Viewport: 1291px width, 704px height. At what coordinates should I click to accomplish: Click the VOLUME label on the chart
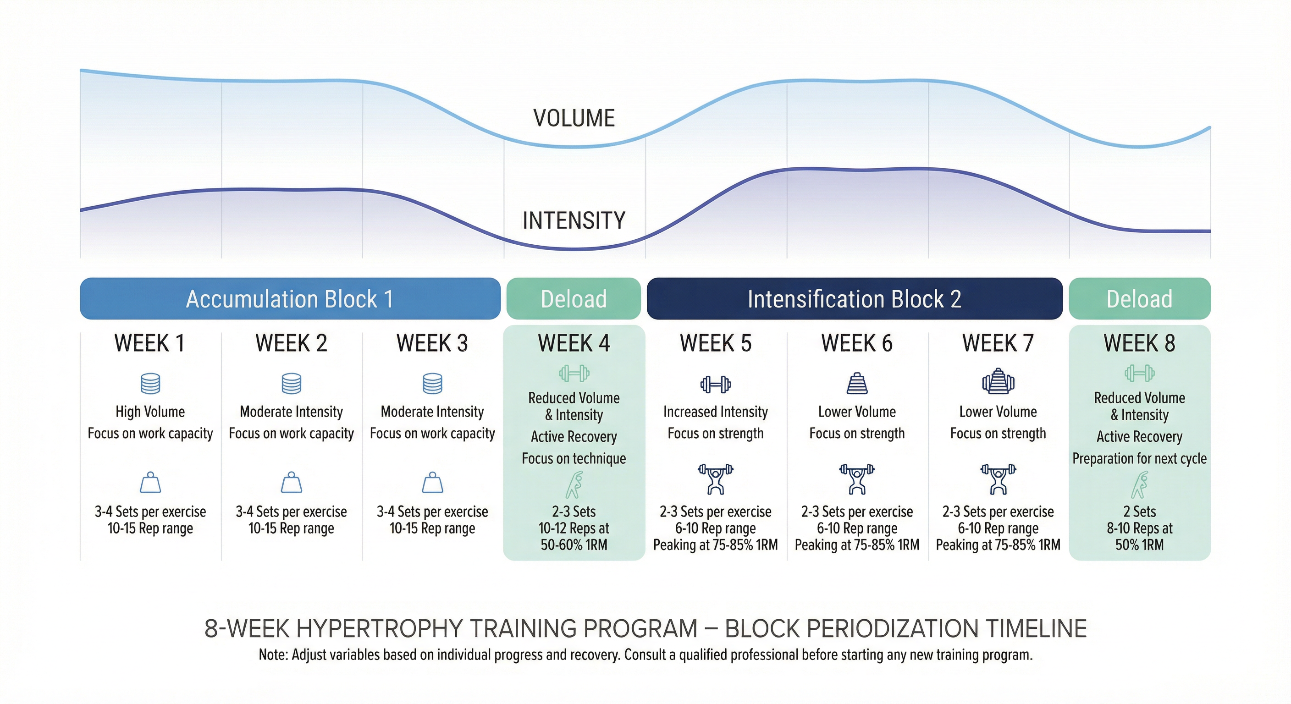click(574, 118)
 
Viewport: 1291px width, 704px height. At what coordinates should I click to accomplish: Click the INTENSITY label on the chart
click(574, 220)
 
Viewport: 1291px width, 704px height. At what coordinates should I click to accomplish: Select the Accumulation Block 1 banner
click(290, 299)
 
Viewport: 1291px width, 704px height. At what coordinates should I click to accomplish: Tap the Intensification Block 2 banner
click(854, 299)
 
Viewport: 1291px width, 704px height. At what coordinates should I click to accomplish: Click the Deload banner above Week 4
click(574, 299)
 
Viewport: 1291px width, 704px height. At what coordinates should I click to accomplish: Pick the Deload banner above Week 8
click(1139, 299)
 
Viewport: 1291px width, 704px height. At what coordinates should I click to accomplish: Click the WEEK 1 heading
click(149, 344)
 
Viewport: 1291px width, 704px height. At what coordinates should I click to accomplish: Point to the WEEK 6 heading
click(856, 344)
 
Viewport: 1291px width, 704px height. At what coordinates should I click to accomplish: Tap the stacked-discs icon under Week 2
click(291, 384)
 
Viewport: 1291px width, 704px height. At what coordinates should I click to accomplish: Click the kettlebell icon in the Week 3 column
click(432, 483)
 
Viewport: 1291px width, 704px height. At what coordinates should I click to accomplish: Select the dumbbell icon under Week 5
click(715, 385)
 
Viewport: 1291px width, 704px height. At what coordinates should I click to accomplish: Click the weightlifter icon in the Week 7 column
click(998, 479)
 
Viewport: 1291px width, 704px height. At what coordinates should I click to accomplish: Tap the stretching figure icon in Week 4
click(574, 484)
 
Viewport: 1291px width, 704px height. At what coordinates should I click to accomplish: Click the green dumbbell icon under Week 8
click(1139, 373)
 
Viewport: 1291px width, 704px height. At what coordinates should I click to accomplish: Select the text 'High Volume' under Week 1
click(150, 412)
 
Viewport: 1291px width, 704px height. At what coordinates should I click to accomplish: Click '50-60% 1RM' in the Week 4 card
click(574, 545)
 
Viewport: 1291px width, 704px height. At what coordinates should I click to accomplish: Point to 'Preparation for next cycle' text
click(1139, 458)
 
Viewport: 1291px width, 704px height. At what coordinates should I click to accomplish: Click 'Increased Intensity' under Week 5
click(715, 412)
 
